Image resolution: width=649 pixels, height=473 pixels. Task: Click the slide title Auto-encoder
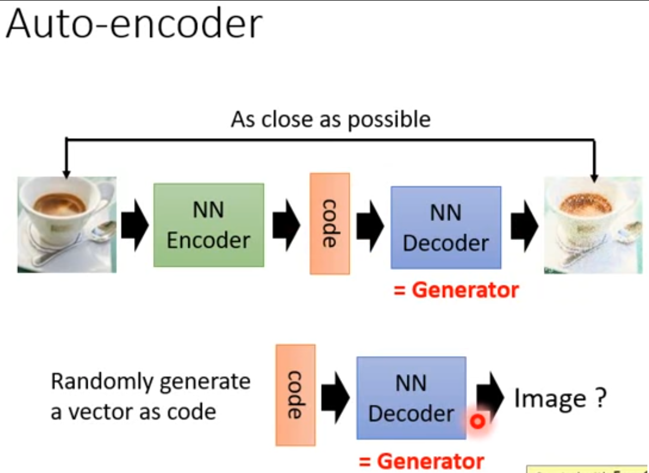pyautogui.click(x=134, y=24)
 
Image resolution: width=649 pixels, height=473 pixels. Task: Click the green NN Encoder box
pyautogui.click(x=209, y=225)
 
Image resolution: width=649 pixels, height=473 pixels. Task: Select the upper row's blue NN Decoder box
pyautogui.click(x=445, y=228)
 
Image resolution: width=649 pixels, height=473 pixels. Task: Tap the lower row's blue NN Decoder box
pyautogui.click(x=411, y=398)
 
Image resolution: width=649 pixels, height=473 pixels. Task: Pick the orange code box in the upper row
pyautogui.click(x=329, y=223)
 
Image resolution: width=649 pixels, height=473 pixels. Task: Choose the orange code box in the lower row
pyautogui.click(x=295, y=395)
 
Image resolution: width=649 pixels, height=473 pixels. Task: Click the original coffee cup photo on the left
pyautogui.click(x=66, y=224)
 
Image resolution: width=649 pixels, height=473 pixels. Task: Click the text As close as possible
pyautogui.click(x=330, y=119)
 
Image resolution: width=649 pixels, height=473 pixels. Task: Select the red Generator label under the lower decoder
pyautogui.click(x=421, y=462)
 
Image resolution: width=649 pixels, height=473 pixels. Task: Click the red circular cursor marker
pyautogui.click(x=477, y=421)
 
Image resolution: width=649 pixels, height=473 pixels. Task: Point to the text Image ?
pyautogui.click(x=560, y=398)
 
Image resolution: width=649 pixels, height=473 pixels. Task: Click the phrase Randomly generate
pyautogui.click(x=150, y=382)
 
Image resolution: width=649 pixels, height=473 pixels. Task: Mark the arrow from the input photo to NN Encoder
pyautogui.click(x=134, y=225)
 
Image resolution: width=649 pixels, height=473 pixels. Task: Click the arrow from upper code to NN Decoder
pyautogui.click(x=370, y=225)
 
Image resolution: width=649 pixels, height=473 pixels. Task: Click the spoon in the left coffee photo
pyautogui.click(x=98, y=234)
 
